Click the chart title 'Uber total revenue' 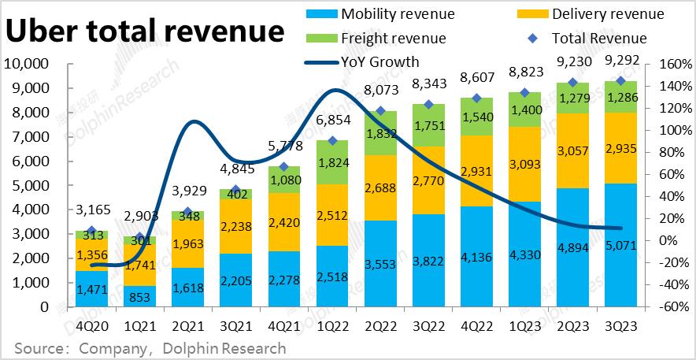pos(145,31)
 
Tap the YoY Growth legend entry pos(371,61)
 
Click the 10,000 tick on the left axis pos(28,64)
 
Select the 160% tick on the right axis pos(666,64)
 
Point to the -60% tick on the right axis pos(666,307)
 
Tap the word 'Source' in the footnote pos(39,347)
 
